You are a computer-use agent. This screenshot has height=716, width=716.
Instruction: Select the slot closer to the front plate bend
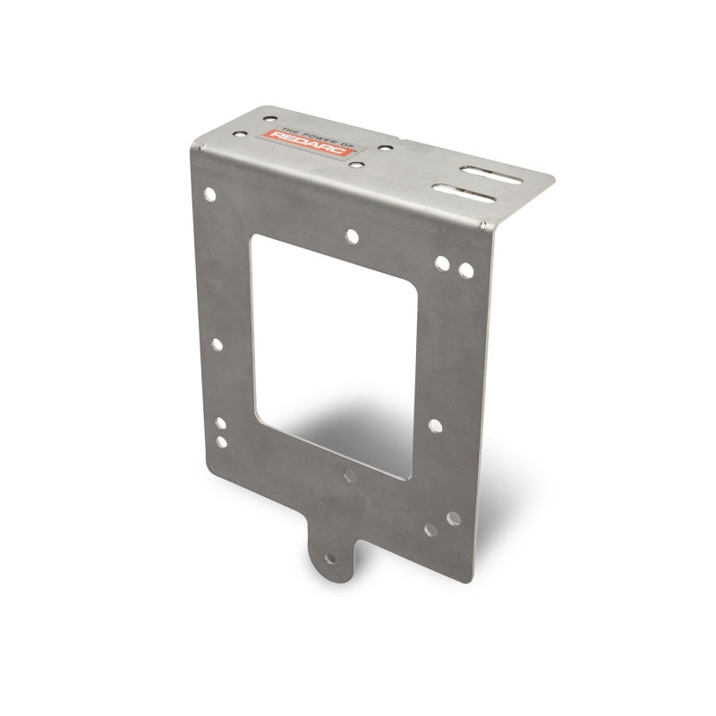coord(465,191)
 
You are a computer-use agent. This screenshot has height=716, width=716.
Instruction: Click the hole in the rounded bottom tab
coord(332,558)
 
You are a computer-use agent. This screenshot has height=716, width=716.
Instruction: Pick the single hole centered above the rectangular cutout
coord(352,236)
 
